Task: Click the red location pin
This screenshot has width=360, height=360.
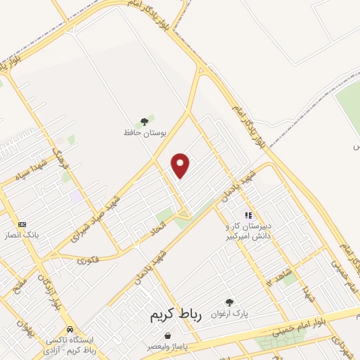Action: tap(181, 165)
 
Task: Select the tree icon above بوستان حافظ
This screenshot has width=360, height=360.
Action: tap(146, 120)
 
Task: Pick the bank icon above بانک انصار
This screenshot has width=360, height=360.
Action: tap(22, 224)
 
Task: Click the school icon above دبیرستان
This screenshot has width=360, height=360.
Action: tap(247, 214)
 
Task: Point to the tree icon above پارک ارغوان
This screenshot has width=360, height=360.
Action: tap(229, 302)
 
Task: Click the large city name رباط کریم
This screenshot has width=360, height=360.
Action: tap(175, 316)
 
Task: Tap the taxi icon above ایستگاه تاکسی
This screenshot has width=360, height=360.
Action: tap(70, 329)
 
